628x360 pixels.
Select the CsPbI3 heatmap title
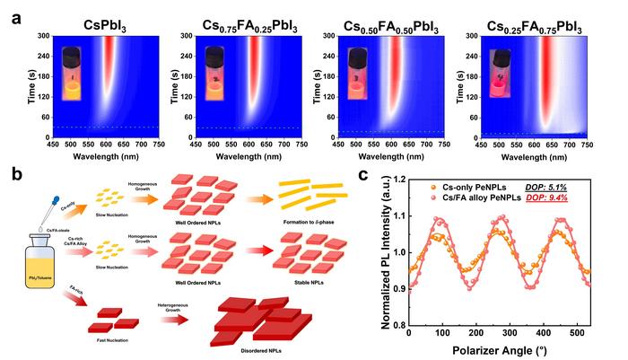pos(91,13)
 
